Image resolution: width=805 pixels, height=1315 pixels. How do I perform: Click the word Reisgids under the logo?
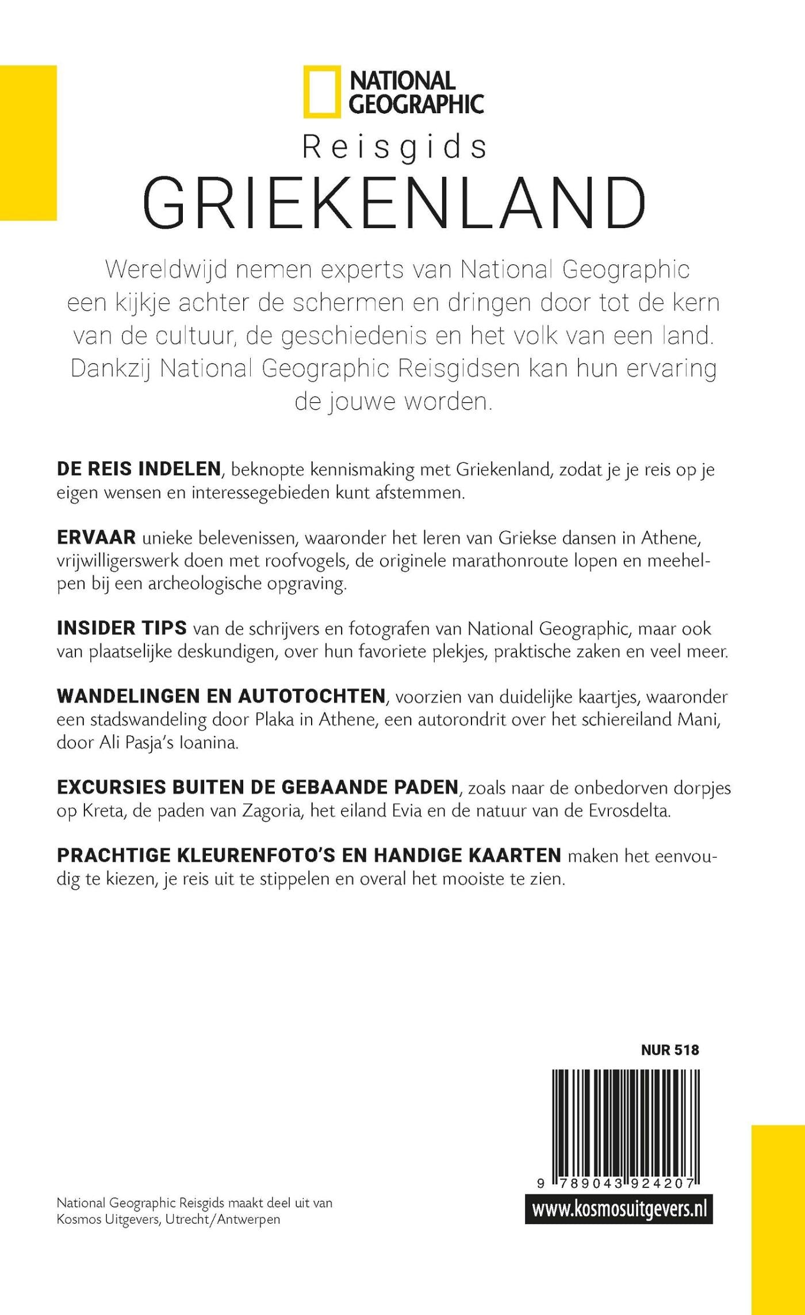395,148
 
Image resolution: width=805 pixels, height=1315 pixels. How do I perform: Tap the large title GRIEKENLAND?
395,204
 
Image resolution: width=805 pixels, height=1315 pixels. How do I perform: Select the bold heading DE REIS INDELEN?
139,469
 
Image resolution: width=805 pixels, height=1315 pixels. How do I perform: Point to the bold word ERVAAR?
96,537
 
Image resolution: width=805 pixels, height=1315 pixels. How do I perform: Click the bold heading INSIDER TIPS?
122,628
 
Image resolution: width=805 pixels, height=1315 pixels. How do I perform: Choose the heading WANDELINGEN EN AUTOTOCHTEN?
221,696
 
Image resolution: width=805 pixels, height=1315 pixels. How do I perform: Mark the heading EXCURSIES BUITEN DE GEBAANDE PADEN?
258,787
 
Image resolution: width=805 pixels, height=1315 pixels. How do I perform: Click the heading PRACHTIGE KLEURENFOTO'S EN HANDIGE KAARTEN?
309,855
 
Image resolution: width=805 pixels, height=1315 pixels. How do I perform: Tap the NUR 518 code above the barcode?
670,1050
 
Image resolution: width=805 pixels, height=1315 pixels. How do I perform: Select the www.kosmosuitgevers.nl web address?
619,1209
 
